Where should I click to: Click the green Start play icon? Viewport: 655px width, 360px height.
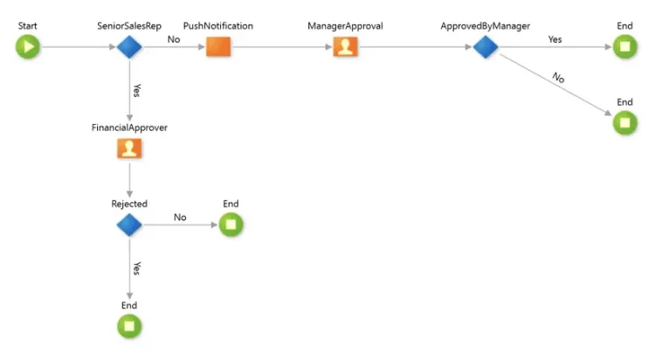(x=28, y=47)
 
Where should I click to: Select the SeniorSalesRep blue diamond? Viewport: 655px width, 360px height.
(x=129, y=47)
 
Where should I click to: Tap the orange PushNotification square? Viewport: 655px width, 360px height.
(x=218, y=47)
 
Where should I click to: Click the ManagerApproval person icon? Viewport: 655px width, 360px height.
(x=345, y=47)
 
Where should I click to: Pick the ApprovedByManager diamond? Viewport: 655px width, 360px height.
(x=486, y=47)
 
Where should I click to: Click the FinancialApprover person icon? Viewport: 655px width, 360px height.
(x=129, y=149)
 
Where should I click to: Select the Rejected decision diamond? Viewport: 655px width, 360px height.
(x=129, y=225)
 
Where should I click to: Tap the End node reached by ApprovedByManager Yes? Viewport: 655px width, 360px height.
(x=625, y=47)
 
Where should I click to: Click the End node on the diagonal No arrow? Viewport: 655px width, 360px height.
(x=625, y=123)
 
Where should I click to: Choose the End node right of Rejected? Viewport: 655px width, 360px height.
(x=231, y=225)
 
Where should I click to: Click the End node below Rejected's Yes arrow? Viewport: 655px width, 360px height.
(x=129, y=327)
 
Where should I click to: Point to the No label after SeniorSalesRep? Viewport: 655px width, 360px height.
(x=174, y=39)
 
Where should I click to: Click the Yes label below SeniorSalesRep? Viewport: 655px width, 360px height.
(x=136, y=90)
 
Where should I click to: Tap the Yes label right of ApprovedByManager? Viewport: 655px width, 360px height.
(x=555, y=39)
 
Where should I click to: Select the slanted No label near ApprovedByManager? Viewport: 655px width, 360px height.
(x=559, y=78)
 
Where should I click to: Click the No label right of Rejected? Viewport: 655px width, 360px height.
(x=180, y=218)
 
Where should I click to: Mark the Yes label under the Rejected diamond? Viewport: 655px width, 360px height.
(x=136, y=268)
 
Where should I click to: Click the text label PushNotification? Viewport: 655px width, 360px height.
(x=218, y=26)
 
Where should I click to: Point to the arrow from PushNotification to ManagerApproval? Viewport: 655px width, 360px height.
(x=282, y=47)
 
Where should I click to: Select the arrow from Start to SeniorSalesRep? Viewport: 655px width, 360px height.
(x=78, y=47)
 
